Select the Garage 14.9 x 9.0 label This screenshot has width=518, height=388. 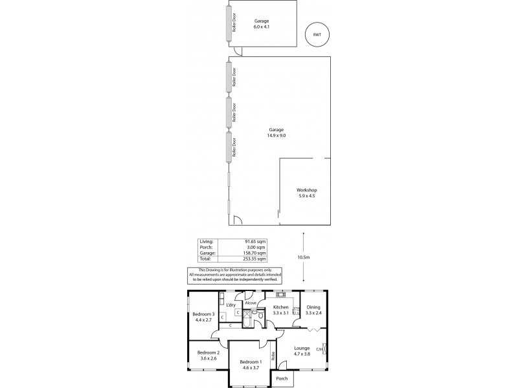coord(276,133)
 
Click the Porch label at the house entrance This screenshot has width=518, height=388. coord(282,378)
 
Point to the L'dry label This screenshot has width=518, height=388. coord(230,305)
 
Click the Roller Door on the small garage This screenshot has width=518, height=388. coord(228,25)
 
